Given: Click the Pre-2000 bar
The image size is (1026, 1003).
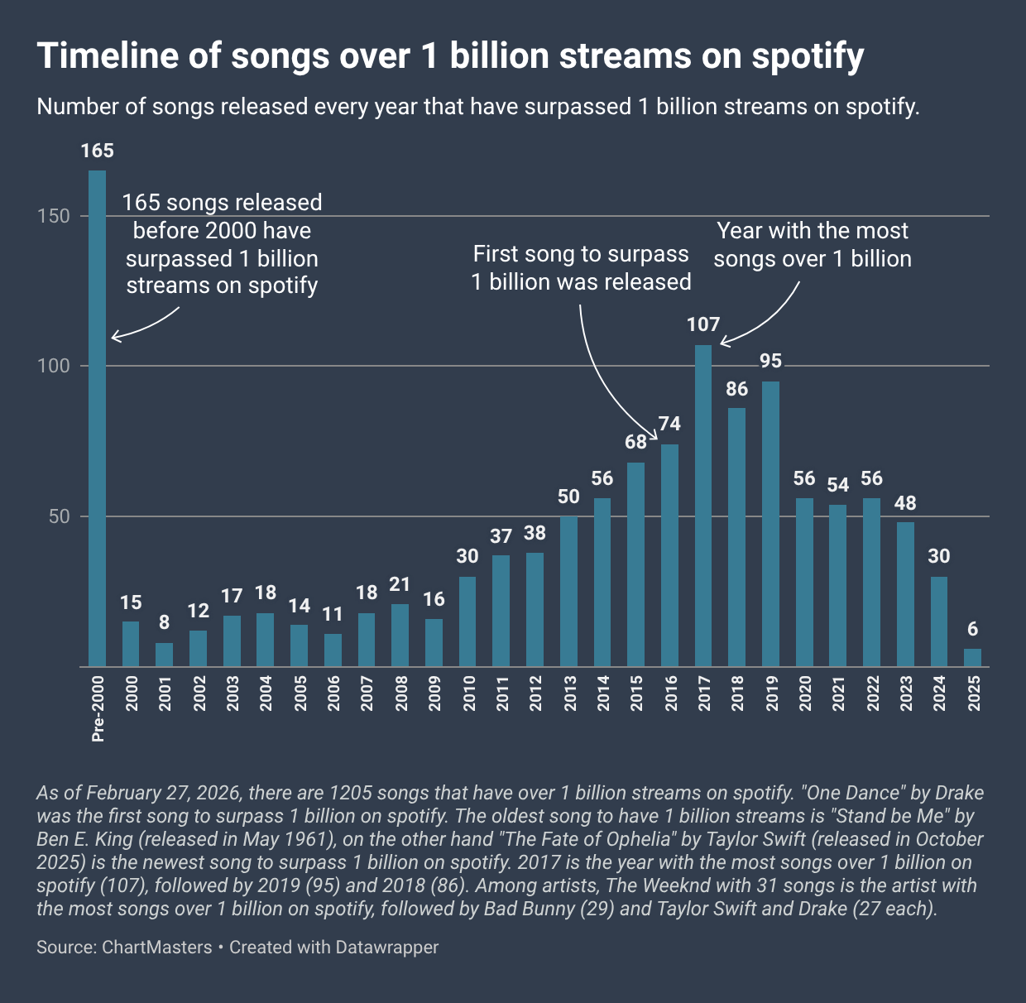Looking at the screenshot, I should pos(97,418).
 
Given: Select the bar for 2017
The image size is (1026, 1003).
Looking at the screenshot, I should pos(703,505).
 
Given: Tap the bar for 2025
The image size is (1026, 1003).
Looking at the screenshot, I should pos(972,658).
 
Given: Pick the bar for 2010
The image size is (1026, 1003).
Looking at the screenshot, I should pos(467,621).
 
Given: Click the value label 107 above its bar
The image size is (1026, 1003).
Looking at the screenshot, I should pos(703,324).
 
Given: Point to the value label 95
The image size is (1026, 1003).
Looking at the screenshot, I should pos(770,361).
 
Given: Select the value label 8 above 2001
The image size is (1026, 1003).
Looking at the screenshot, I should pos(165,622).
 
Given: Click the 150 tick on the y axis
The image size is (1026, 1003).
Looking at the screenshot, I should pos(59,216).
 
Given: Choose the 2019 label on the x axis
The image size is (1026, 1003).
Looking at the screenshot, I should pos(771,693).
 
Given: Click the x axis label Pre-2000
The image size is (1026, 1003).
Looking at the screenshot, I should pos(98,706).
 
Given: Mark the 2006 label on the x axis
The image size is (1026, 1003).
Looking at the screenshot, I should pos(333,693).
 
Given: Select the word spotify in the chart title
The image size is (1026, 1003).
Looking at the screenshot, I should pos(808,56).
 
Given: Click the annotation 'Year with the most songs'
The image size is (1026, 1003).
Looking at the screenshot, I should pos(812,244).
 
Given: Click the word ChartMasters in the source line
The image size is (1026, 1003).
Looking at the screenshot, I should pos(157,947).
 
